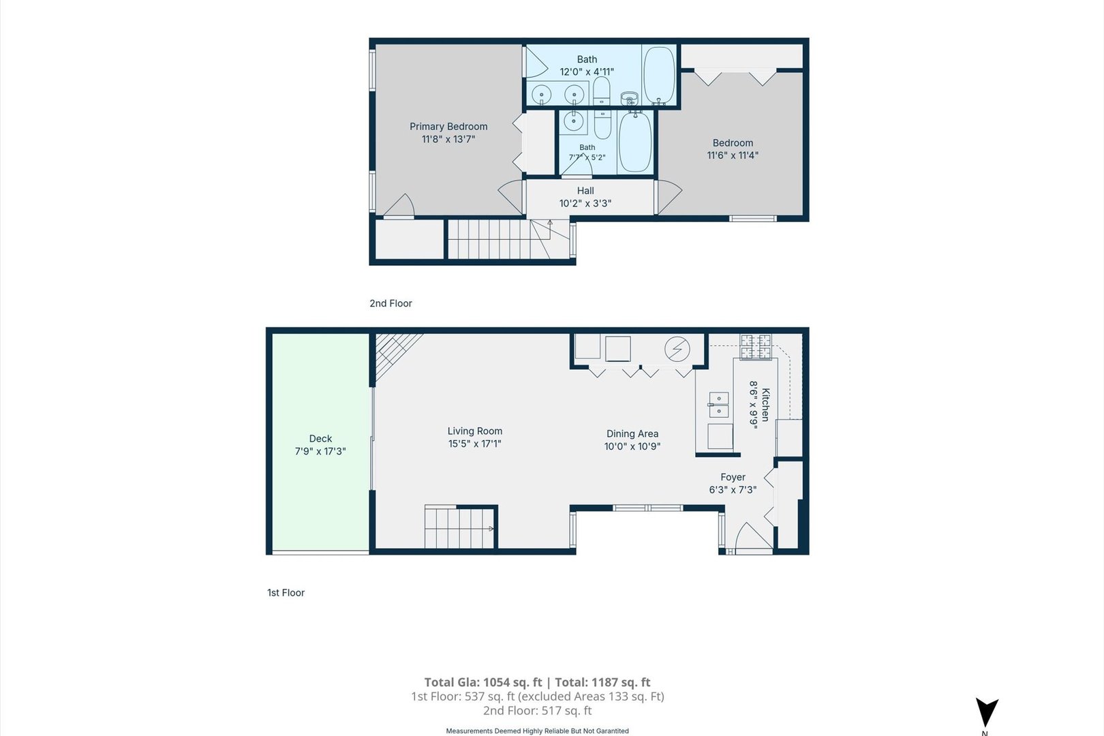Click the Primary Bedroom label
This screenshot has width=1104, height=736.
point(448,127)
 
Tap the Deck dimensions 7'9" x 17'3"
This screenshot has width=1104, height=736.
point(320,451)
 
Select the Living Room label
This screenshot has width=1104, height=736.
point(474,431)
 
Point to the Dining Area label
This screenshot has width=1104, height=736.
point(632,434)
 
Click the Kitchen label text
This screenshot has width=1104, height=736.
point(765,405)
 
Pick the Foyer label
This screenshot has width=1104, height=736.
point(733,477)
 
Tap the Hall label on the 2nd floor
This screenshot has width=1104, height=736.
point(585,191)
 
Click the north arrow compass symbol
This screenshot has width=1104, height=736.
point(987,712)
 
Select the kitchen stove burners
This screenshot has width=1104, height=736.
point(756,347)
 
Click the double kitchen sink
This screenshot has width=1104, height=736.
point(718,405)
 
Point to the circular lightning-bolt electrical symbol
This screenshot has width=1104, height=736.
point(677,349)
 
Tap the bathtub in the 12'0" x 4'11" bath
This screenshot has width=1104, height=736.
point(660,76)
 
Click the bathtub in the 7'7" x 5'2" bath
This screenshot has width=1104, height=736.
point(635,142)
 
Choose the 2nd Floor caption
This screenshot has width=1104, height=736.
point(391,304)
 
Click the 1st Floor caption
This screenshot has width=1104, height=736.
point(286,593)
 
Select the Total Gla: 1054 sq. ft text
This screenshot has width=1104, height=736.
point(483,682)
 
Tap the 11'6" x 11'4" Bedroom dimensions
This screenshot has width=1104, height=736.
point(733,155)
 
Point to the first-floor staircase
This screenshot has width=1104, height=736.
point(459,527)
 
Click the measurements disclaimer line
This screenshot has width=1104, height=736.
point(537,731)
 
